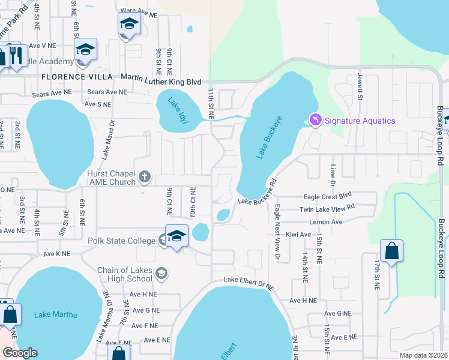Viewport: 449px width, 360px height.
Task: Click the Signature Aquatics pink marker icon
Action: click(315, 121)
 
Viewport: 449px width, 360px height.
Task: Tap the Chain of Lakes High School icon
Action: click(161, 274)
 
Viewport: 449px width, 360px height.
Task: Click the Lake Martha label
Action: click(52, 314)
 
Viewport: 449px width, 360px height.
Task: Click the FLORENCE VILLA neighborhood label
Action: click(77, 77)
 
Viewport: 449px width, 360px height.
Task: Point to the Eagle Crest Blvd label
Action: click(327, 196)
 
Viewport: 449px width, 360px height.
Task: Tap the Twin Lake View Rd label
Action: click(327, 209)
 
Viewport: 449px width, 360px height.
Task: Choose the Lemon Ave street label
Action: click(325, 222)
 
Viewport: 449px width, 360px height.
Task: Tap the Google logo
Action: click(19, 353)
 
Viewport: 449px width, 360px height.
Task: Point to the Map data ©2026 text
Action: click(423, 355)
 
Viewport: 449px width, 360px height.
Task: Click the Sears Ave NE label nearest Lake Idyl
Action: click(107, 92)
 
